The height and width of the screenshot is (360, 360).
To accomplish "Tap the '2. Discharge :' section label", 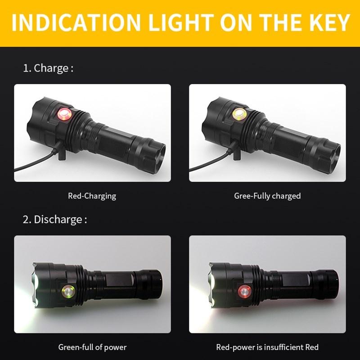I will coord(54,220).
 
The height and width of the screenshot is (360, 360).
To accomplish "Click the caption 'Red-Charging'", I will coord(92,196).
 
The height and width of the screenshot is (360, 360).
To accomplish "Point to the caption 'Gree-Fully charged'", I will coord(267,196).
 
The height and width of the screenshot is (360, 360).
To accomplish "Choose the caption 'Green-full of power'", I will coord(92,347).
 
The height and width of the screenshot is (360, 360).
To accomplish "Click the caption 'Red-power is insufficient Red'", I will coord(267,347).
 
